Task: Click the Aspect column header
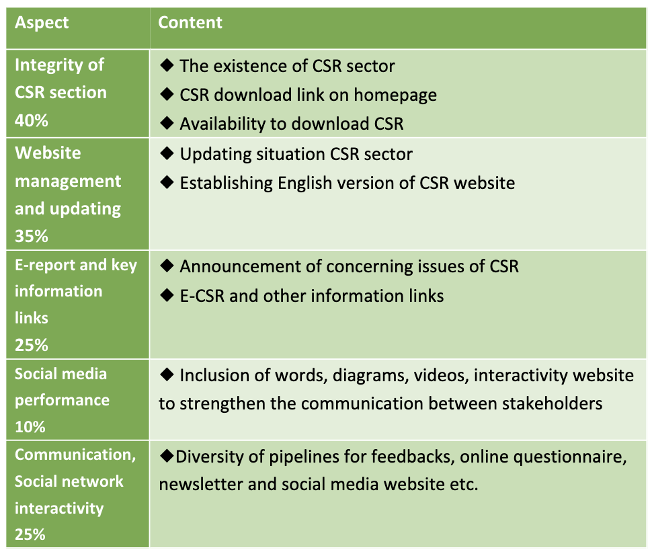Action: click(42, 22)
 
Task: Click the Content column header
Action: click(190, 22)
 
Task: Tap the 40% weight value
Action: click(31, 120)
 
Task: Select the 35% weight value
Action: click(31, 236)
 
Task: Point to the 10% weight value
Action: click(30, 427)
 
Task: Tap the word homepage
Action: click(395, 95)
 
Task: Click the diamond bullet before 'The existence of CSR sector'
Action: click(167, 65)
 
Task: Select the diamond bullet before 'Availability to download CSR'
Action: click(167, 122)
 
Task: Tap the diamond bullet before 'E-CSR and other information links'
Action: click(167, 295)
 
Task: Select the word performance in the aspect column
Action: click(63, 401)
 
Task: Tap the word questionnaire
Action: click(570, 457)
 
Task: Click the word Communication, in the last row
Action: click(75, 455)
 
